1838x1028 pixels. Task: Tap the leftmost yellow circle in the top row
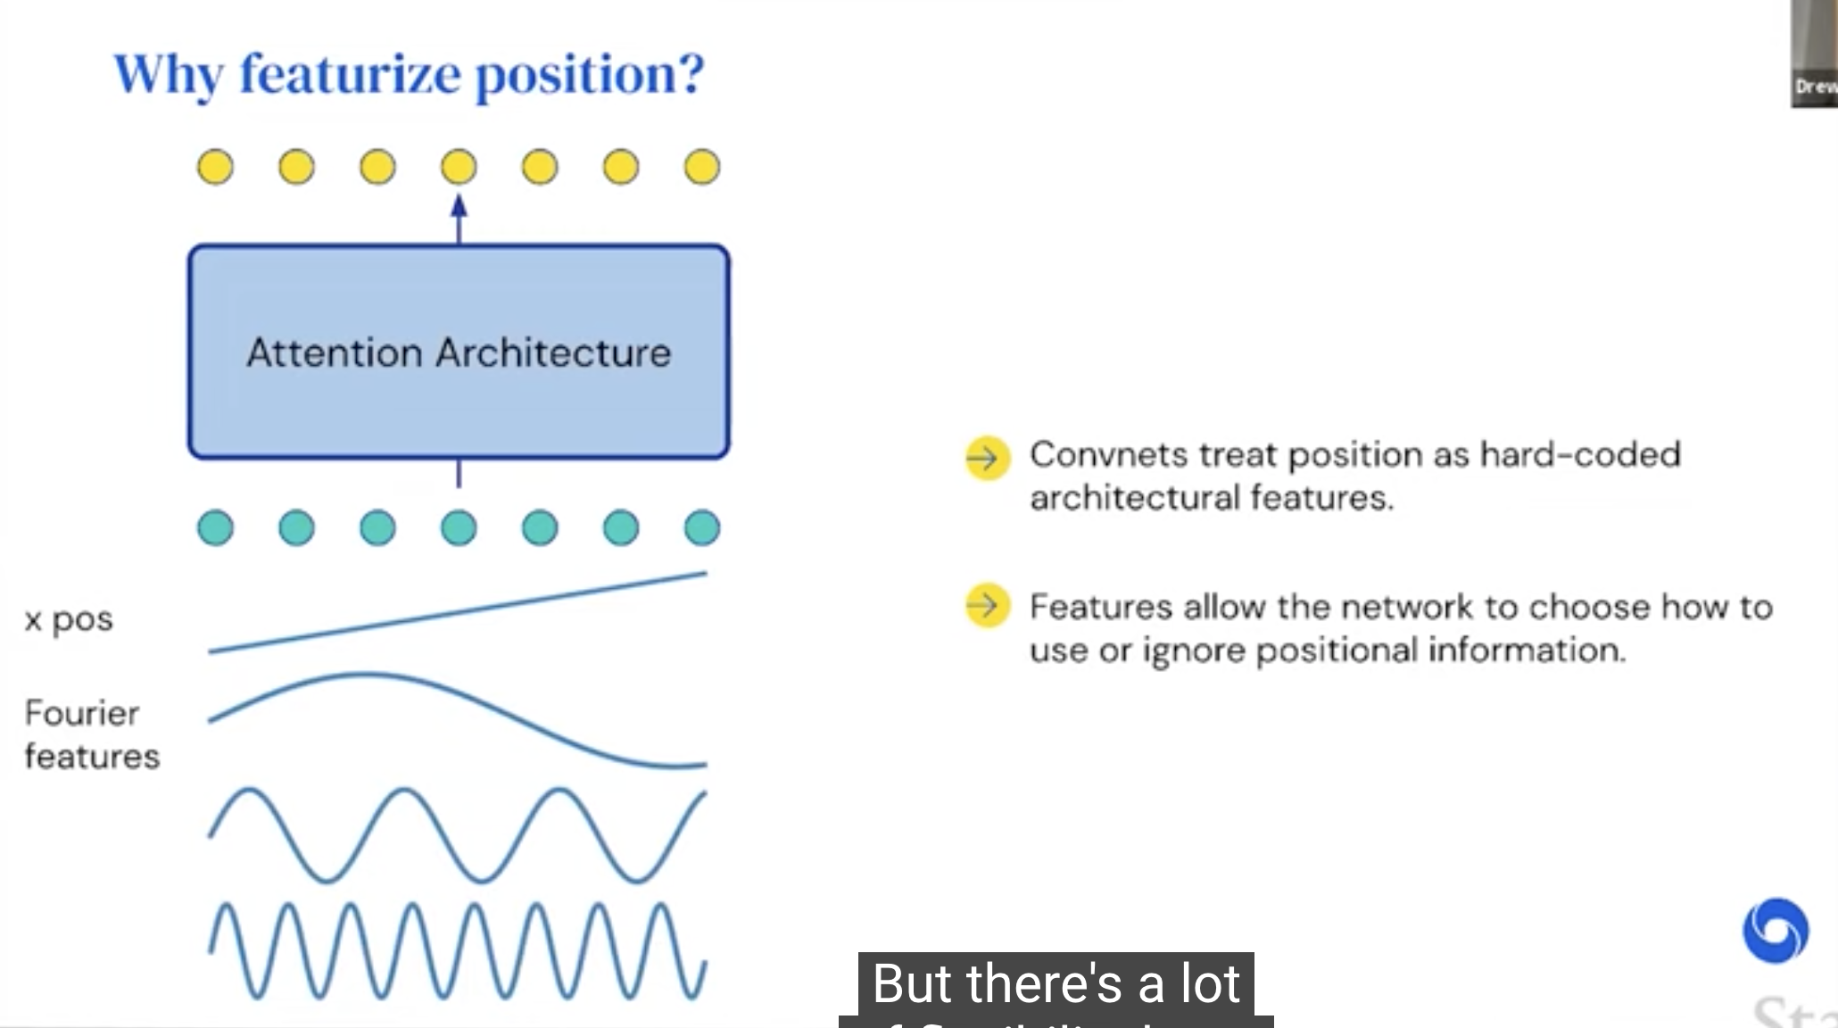[x=215, y=167]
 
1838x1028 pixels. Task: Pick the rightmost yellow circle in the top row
[x=702, y=167]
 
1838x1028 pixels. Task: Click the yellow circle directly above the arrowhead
[x=459, y=167]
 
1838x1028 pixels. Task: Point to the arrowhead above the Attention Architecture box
[x=459, y=208]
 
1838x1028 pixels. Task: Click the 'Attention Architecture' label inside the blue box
[x=459, y=352]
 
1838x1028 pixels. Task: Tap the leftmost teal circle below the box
[x=215, y=527]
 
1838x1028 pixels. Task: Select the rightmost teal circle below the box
[x=702, y=527]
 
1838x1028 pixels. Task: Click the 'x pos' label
[x=69, y=619]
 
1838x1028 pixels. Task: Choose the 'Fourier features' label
[x=91, y=734]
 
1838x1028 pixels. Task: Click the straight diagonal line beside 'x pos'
[x=458, y=612]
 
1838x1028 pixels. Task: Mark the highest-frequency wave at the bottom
[x=458, y=951]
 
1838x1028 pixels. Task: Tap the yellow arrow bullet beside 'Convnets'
[x=987, y=459]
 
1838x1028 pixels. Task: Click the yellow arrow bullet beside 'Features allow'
[x=987, y=606]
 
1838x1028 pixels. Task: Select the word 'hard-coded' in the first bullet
[x=1579, y=455]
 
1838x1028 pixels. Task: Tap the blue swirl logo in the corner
[x=1776, y=931]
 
